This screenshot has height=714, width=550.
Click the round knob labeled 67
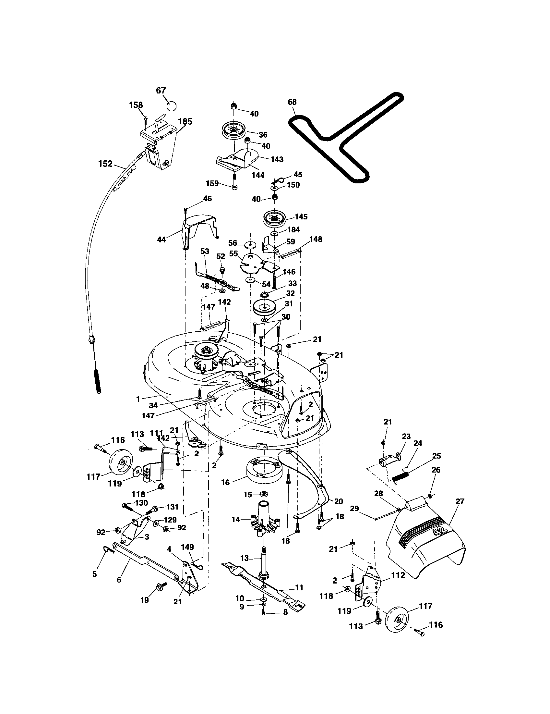[x=171, y=105]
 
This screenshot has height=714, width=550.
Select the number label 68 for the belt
[x=292, y=102]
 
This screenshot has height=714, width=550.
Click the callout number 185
[x=185, y=121]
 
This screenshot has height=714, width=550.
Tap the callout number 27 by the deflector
[x=460, y=501]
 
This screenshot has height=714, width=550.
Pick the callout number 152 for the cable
[x=105, y=164]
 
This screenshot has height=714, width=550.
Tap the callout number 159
[x=212, y=183]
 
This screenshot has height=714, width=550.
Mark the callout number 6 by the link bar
[x=119, y=580]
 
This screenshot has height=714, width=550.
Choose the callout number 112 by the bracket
[x=398, y=575]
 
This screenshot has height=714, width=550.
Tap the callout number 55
[x=233, y=254]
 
